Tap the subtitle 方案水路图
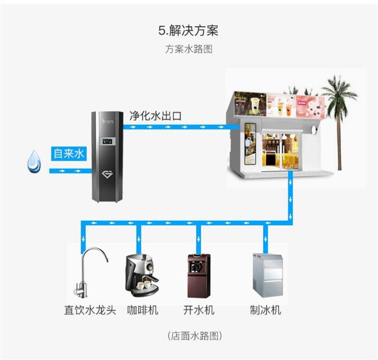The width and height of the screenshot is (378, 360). pyautogui.click(x=188, y=49)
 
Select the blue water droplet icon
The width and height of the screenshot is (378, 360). pyautogui.click(x=35, y=160)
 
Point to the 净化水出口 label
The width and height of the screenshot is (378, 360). pyautogui.click(x=156, y=115)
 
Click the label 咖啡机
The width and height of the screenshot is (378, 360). pyautogui.click(x=142, y=310)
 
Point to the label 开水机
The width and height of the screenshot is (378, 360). pyautogui.click(x=199, y=310)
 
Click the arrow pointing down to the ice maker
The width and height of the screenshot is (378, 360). pyautogui.click(x=264, y=237)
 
